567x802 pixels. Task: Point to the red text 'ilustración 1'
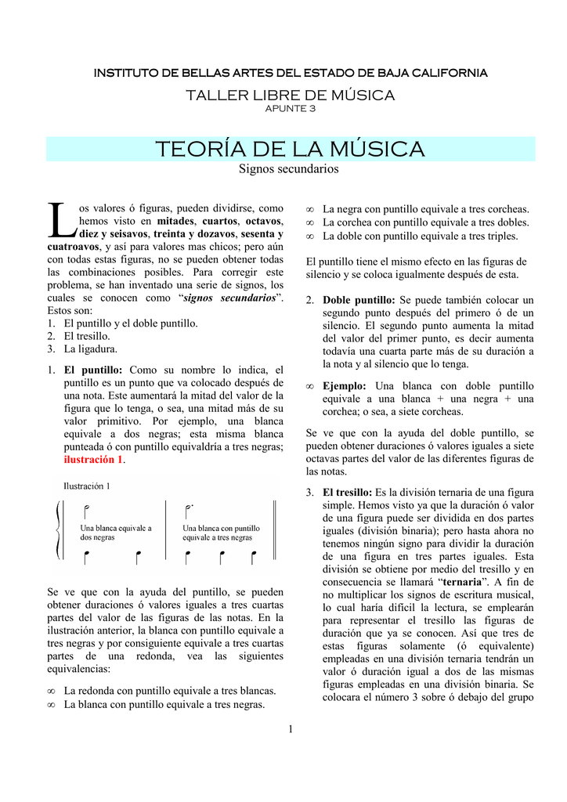(x=93, y=460)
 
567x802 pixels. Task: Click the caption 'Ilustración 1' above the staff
(x=87, y=486)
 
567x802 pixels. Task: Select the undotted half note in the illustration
(x=86, y=513)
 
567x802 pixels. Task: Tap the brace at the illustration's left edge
(x=57, y=530)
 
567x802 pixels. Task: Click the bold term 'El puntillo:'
(x=93, y=370)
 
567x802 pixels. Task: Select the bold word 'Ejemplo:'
(x=345, y=386)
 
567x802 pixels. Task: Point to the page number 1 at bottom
(x=290, y=730)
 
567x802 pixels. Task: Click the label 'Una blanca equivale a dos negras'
(x=116, y=533)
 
